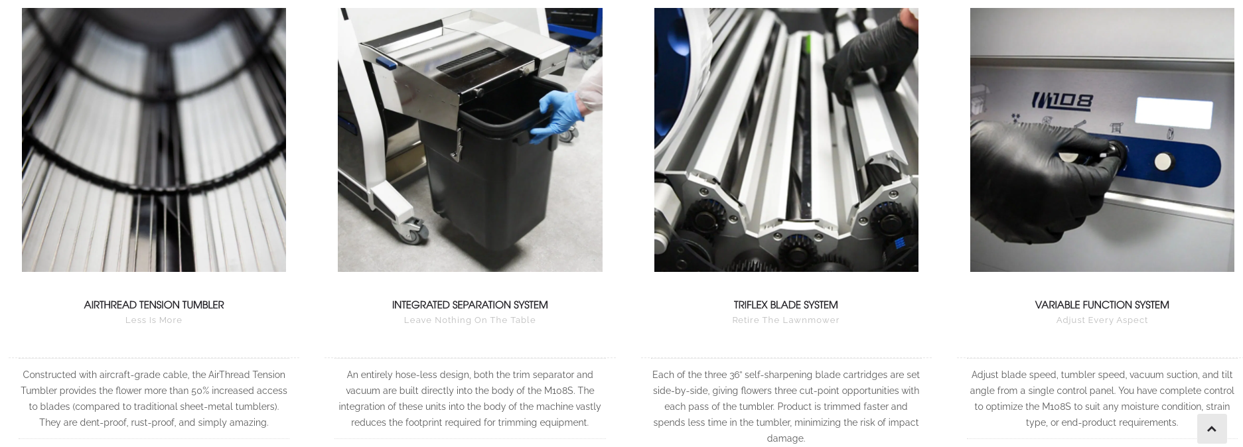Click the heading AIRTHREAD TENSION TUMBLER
(153, 305)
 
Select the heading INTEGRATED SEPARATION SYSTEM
(470, 305)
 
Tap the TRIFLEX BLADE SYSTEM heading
(786, 305)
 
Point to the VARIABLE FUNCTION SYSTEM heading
(1102, 305)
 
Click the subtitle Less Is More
(153, 320)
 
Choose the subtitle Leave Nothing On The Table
(470, 320)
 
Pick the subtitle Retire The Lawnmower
(786, 320)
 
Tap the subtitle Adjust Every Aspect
(1102, 320)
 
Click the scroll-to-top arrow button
(1212, 428)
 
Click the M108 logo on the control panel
(1062, 101)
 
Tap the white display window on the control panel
(1173, 113)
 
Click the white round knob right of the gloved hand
(1162, 162)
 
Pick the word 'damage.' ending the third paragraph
(786, 438)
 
